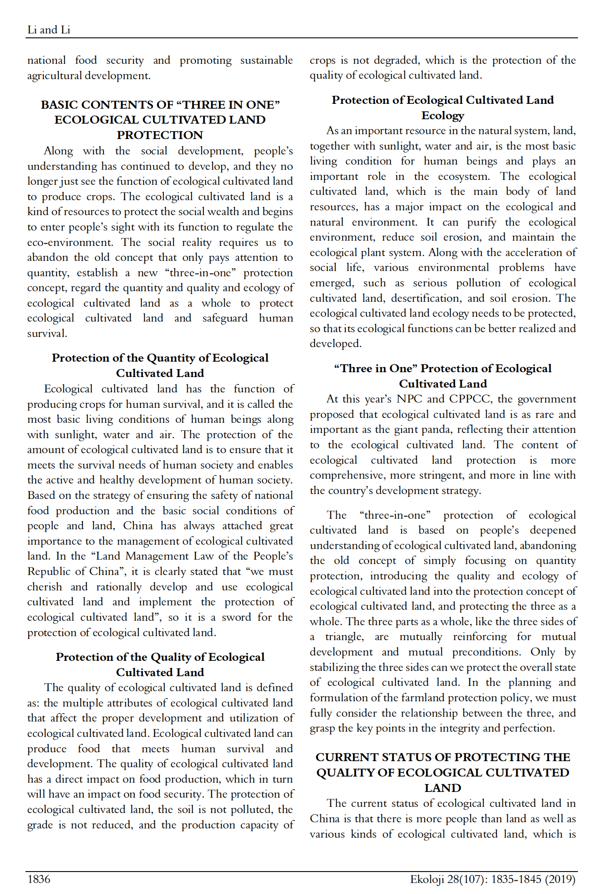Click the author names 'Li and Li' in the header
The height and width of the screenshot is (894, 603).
pos(49,30)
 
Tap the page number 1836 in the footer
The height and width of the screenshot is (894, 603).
pos(39,879)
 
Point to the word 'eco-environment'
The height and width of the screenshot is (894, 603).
pos(70,242)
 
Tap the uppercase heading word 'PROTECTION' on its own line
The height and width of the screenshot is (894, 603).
pos(160,135)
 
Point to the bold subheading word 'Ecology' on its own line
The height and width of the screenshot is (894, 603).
pos(443,116)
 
